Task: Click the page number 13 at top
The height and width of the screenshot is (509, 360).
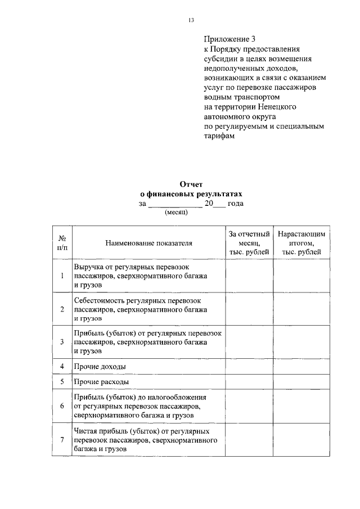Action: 191,21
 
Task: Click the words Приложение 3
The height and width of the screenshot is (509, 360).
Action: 229,39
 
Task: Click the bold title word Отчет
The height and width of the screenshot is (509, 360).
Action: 191,184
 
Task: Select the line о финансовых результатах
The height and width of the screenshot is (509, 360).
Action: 191,193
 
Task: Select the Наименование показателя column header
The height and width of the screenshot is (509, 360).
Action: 148,243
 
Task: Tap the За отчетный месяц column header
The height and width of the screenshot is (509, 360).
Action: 249,242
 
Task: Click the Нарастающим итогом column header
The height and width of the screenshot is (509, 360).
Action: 301,242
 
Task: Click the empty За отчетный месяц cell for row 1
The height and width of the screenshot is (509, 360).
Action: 249,276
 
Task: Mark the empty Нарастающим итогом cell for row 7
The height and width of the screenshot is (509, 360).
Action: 301,439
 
